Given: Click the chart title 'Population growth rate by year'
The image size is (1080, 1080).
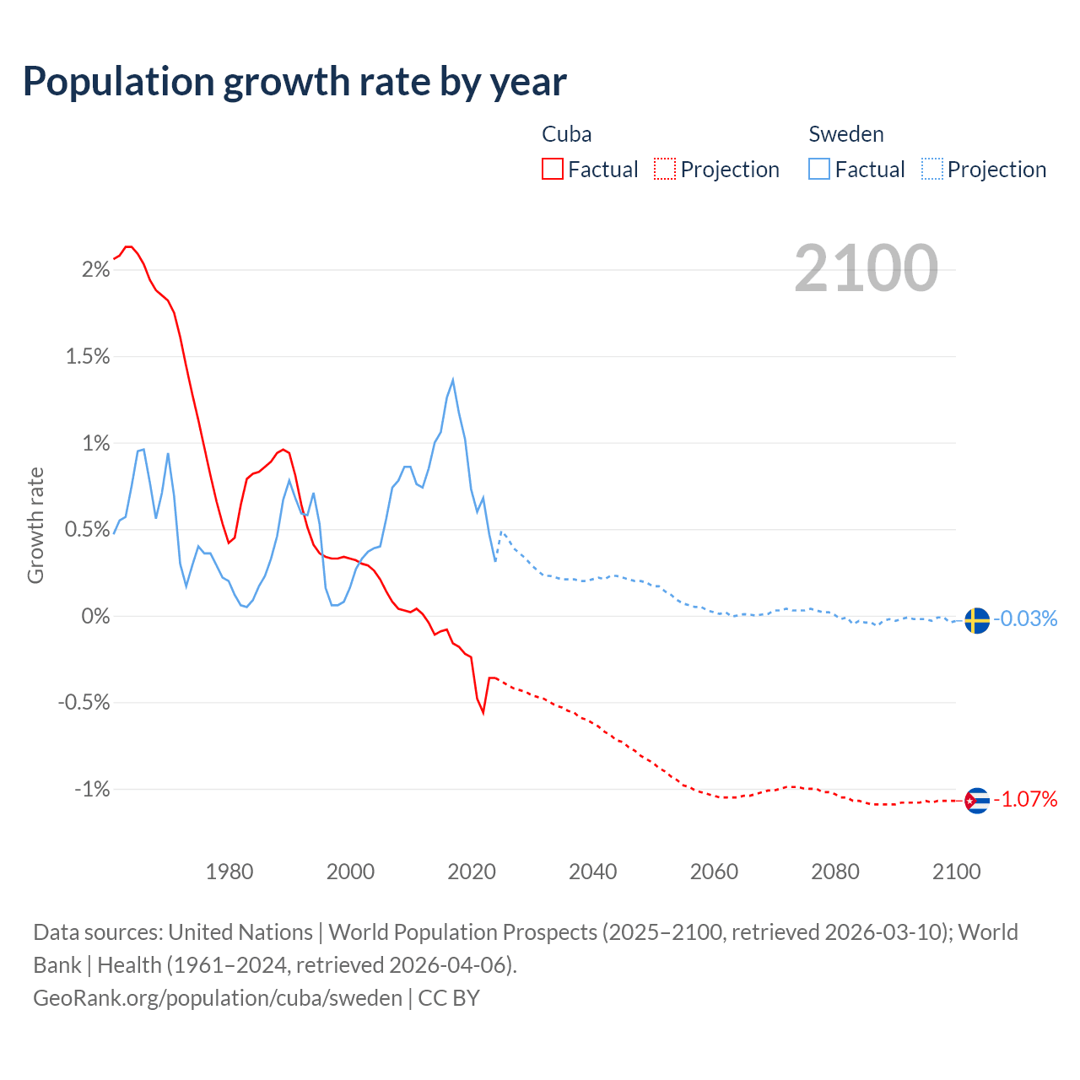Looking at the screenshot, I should coord(294,81).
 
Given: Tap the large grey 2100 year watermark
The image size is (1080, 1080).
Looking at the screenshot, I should coord(866,268).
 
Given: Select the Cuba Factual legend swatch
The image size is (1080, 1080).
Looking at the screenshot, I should coord(553,169).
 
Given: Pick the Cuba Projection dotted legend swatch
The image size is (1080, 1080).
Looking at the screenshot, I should coord(665,169).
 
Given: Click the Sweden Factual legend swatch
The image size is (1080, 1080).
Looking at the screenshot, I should coord(819,169).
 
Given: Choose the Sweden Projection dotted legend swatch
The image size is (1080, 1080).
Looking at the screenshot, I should coord(932,169).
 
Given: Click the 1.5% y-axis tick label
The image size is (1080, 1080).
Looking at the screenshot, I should coord(88,357).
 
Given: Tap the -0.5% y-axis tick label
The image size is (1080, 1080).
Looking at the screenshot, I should coord(84,703).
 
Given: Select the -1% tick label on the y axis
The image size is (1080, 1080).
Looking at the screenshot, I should coord(92,790).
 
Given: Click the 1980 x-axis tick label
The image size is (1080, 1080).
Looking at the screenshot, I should coord(229,872).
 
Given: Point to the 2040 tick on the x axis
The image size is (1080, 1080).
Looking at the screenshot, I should coord(593,872).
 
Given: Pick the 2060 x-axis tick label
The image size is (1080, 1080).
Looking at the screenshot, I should coord(714,872).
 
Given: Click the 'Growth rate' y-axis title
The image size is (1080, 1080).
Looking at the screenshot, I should coord(35,525).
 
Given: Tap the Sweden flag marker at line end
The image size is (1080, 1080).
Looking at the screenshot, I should coord(976,620).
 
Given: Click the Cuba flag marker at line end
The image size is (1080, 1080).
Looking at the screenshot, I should coord(976,800).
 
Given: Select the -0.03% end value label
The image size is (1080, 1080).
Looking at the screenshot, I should coord(1025,619).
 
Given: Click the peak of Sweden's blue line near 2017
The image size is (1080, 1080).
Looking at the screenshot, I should coord(453,380).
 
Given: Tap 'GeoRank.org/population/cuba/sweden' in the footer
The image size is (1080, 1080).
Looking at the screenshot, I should coord(218,997).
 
